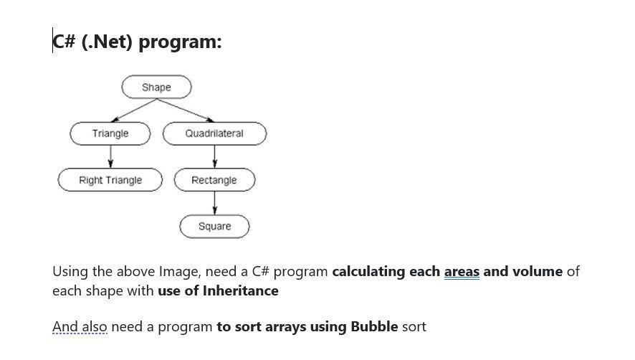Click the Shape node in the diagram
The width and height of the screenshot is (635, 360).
(x=156, y=87)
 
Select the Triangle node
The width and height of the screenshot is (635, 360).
(x=110, y=133)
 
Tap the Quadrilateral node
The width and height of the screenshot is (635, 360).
(x=214, y=133)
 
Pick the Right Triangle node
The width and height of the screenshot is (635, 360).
(x=110, y=180)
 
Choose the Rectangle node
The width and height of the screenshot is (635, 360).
(x=214, y=180)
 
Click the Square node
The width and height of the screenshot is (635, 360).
(x=214, y=227)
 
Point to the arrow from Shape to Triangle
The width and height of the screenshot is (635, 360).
(x=134, y=110)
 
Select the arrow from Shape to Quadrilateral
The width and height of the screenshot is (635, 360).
(x=184, y=110)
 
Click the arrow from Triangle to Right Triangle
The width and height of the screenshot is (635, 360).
(x=110, y=156)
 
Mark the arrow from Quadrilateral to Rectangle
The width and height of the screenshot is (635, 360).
(x=214, y=156)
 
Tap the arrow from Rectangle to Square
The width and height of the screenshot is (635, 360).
(x=214, y=203)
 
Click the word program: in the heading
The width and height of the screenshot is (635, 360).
(x=180, y=42)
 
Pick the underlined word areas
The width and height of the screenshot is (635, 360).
(x=462, y=272)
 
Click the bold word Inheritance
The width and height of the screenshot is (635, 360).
(x=240, y=291)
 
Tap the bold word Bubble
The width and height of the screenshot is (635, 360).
(x=374, y=327)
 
